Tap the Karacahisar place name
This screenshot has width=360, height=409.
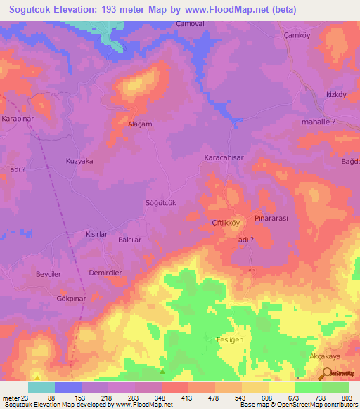coord(224,158)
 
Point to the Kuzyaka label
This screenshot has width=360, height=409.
coord(79,161)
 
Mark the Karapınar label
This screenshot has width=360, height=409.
coord(18,119)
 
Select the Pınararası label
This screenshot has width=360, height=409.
coord(272,219)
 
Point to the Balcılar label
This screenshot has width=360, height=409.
coord(130,240)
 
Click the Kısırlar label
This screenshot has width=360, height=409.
coord(96,233)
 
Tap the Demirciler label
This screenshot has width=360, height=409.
coord(105,272)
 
